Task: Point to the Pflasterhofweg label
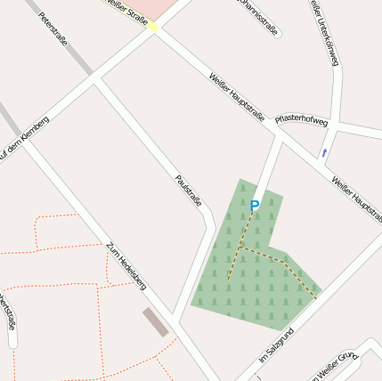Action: [x=301, y=119]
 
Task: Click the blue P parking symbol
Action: [x=255, y=206]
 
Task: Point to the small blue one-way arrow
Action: [x=324, y=153]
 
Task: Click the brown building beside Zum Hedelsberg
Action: [x=155, y=322]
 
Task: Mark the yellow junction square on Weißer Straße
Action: [x=153, y=28]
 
